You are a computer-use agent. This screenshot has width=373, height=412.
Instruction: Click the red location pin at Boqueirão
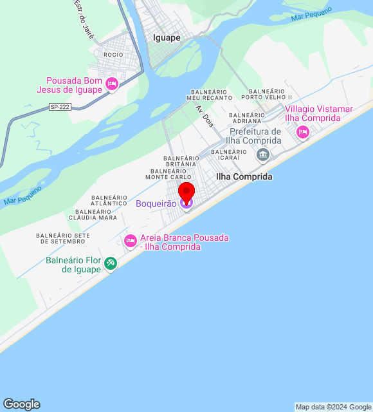coord(186,192)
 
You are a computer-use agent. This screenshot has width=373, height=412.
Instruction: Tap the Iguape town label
coord(167,37)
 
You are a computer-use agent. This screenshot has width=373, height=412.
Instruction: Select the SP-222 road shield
coord(59,107)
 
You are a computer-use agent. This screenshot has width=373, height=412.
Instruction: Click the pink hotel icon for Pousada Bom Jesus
coord(112,84)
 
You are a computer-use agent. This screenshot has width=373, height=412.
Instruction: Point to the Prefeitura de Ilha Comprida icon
coord(262,154)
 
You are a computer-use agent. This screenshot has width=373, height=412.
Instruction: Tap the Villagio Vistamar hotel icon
coord(302,133)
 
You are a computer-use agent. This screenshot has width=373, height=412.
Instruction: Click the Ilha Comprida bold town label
coord(244,176)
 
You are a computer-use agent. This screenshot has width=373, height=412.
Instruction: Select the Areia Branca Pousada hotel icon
coord(130,241)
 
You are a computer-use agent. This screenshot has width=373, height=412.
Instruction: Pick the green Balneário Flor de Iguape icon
coord(110,263)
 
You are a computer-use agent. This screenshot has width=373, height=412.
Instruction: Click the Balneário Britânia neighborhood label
coord(182,161)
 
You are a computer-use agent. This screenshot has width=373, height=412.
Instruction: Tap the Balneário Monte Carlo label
coord(170,174)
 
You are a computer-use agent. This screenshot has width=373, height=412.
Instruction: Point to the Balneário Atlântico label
coord(109,200)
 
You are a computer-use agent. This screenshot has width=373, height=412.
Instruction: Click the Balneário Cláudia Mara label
coord(96,214)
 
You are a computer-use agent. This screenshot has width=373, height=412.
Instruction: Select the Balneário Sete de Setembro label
coord(62,238)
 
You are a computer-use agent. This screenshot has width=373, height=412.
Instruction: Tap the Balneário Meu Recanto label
coord(210,95)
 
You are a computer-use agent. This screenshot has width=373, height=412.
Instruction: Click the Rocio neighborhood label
coord(113,55)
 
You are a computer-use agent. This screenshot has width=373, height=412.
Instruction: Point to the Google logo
coord(21,404)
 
